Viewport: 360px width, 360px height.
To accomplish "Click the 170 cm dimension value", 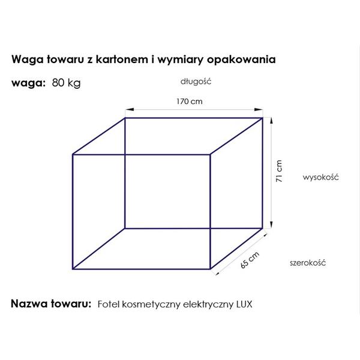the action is tap(190, 101).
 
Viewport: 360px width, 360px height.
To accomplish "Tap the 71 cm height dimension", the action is tap(279, 171).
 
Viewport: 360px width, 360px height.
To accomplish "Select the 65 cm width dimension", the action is tap(250, 260).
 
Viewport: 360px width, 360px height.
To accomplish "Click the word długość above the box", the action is tap(196, 82).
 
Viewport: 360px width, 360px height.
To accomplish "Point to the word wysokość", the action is tap(321, 177).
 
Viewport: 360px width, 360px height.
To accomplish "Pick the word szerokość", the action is tap(308, 263).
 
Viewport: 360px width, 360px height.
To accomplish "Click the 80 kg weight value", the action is tap(67, 83).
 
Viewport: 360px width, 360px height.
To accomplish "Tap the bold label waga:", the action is tap(28, 83).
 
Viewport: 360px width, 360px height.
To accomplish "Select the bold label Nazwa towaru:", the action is tap(51, 304).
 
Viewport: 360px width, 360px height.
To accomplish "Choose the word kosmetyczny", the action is tap(151, 305).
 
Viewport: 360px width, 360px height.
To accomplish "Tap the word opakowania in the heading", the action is tap(241, 59).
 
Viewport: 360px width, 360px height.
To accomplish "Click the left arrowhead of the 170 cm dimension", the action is tap(129, 110).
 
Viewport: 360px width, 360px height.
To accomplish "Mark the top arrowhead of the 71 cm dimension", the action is tap(271, 121).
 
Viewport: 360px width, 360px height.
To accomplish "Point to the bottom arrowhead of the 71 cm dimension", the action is tap(271, 224).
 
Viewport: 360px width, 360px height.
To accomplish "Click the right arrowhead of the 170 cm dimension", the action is tap(259, 110).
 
